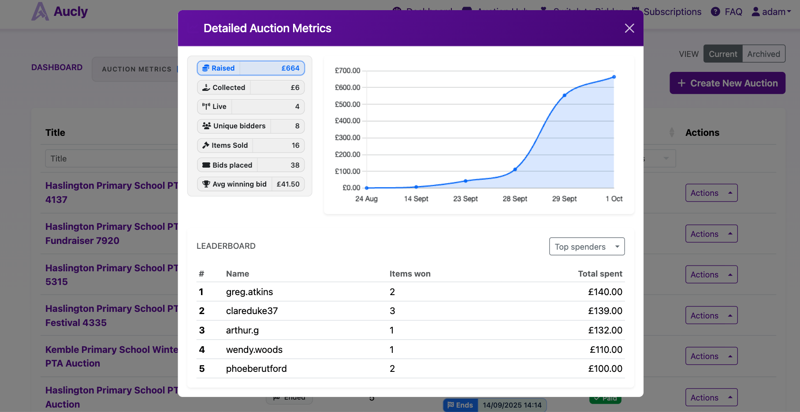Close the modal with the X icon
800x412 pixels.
click(629, 28)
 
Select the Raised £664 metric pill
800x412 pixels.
click(251, 68)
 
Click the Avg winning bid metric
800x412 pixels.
click(251, 184)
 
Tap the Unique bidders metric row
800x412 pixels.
click(251, 126)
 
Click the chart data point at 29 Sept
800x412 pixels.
click(565, 95)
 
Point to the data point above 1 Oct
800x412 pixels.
click(614, 77)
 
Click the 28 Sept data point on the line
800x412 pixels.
click(515, 169)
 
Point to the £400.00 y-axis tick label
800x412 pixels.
click(347, 121)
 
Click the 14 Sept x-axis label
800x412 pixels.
click(416, 199)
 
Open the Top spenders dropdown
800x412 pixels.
click(587, 247)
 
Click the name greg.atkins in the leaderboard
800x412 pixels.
click(249, 292)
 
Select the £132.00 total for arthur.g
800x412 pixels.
click(605, 330)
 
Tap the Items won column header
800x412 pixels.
click(410, 274)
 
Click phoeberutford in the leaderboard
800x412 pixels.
click(256, 369)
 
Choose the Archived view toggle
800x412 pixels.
click(763, 54)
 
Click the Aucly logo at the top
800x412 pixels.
click(60, 11)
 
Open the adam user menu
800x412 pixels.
click(771, 12)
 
